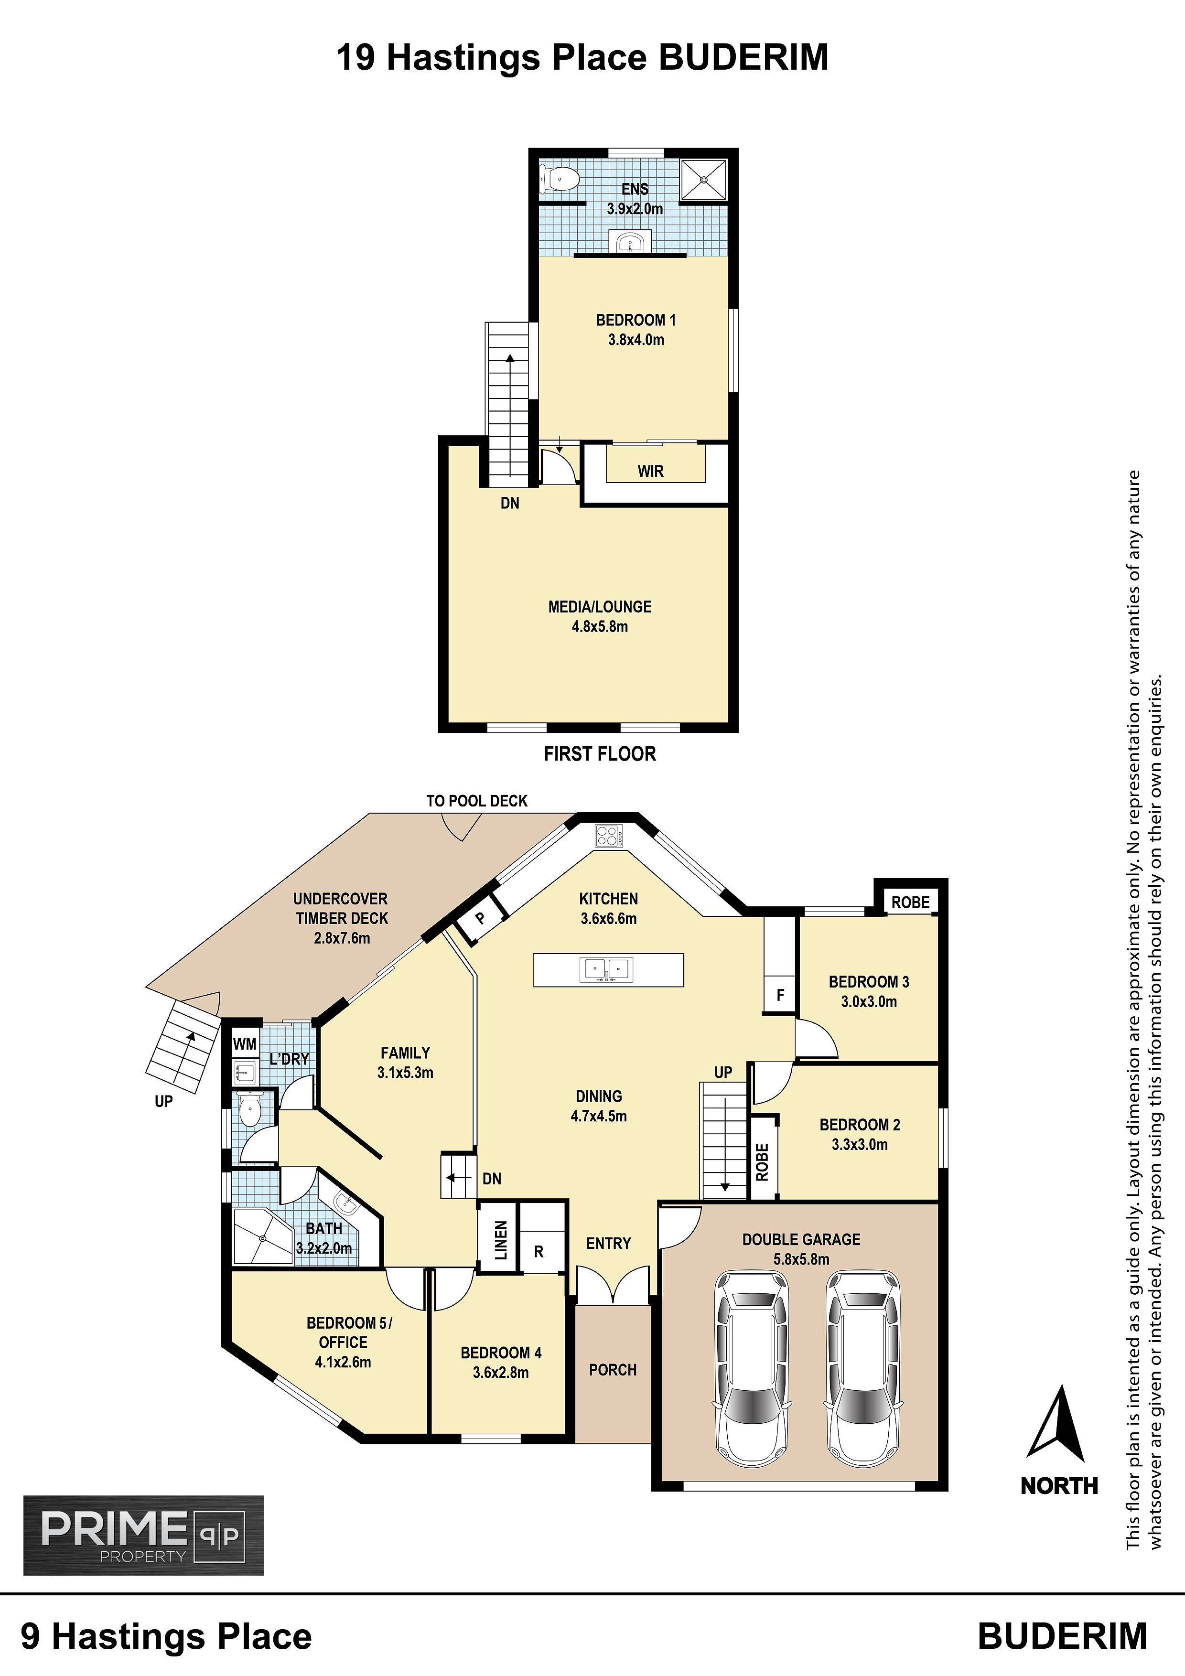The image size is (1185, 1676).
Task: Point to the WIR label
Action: [650, 472]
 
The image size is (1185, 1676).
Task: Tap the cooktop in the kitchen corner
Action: [607, 835]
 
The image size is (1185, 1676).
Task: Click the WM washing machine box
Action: [245, 1044]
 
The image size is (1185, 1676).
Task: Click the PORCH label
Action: [613, 1370]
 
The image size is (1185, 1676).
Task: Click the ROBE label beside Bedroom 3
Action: [910, 902]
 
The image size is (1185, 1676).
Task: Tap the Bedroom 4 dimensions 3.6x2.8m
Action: [501, 1372]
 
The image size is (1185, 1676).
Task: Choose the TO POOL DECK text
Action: [477, 801]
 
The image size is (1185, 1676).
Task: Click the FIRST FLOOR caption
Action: [600, 754]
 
